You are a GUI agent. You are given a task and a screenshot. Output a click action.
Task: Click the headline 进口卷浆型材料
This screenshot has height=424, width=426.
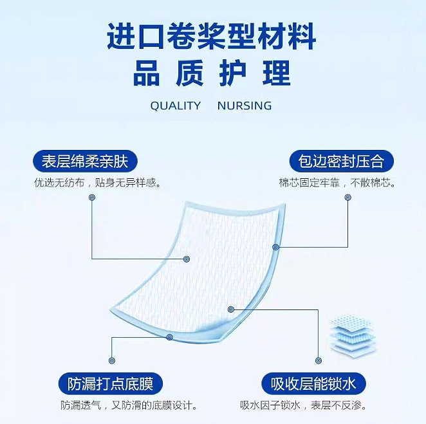[x=212, y=36]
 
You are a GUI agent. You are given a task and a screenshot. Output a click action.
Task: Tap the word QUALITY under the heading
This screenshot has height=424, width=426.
[x=175, y=106]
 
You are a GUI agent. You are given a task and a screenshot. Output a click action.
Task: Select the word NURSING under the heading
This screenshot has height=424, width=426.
[x=245, y=106]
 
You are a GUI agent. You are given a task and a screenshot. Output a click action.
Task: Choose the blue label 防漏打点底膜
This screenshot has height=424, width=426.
[x=110, y=384]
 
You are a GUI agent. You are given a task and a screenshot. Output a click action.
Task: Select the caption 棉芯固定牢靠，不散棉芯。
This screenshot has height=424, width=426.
[x=337, y=183]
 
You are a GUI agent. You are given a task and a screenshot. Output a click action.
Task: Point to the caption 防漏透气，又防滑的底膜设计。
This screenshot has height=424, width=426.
[x=129, y=406]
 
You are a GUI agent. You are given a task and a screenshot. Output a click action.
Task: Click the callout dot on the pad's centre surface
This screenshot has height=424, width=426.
[x=187, y=259]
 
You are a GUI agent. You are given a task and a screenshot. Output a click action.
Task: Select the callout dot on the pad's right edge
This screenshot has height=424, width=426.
[x=276, y=247]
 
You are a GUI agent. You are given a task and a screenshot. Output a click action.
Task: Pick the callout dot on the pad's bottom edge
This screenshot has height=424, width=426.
[x=170, y=336]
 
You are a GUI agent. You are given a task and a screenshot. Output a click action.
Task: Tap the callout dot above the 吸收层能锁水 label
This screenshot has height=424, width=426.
[x=317, y=360]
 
